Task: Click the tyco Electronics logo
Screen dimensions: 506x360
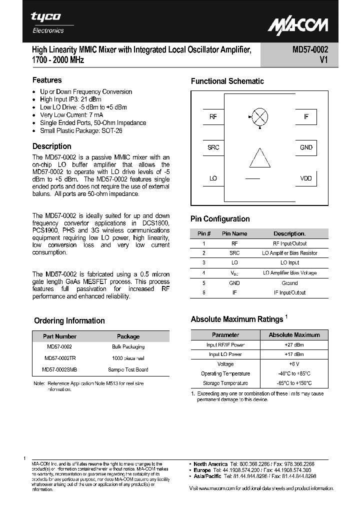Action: click(47, 22)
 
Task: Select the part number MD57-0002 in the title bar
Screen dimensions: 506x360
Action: click(310, 49)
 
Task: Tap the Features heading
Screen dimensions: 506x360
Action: click(47, 80)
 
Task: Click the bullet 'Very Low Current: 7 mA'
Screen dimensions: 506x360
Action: click(71, 115)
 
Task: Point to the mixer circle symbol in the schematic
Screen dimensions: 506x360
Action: click(259, 117)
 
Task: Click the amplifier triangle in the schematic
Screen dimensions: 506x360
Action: click(259, 157)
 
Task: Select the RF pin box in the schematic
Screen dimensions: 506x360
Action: click(213, 117)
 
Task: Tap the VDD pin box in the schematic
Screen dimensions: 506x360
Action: click(305, 178)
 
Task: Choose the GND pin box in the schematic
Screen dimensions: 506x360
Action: click(305, 147)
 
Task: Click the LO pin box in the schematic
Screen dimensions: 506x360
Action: click(213, 178)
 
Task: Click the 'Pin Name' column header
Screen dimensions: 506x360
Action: click(234, 233)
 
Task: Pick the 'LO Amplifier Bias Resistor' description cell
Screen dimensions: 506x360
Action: click(290, 253)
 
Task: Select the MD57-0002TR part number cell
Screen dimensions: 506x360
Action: click(59, 358)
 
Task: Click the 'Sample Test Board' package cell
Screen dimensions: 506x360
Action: click(128, 369)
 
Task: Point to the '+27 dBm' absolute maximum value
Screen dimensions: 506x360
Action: click(294, 345)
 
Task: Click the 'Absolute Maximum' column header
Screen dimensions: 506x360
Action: click(294, 335)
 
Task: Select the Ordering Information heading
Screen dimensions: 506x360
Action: click(69, 321)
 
